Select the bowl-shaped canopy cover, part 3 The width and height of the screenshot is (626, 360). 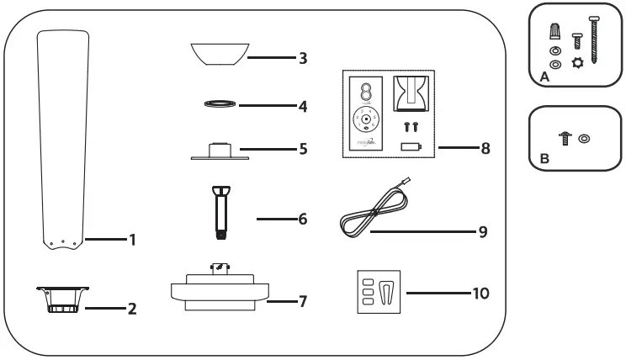point(217,52)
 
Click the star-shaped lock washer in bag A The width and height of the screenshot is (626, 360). point(578,64)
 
